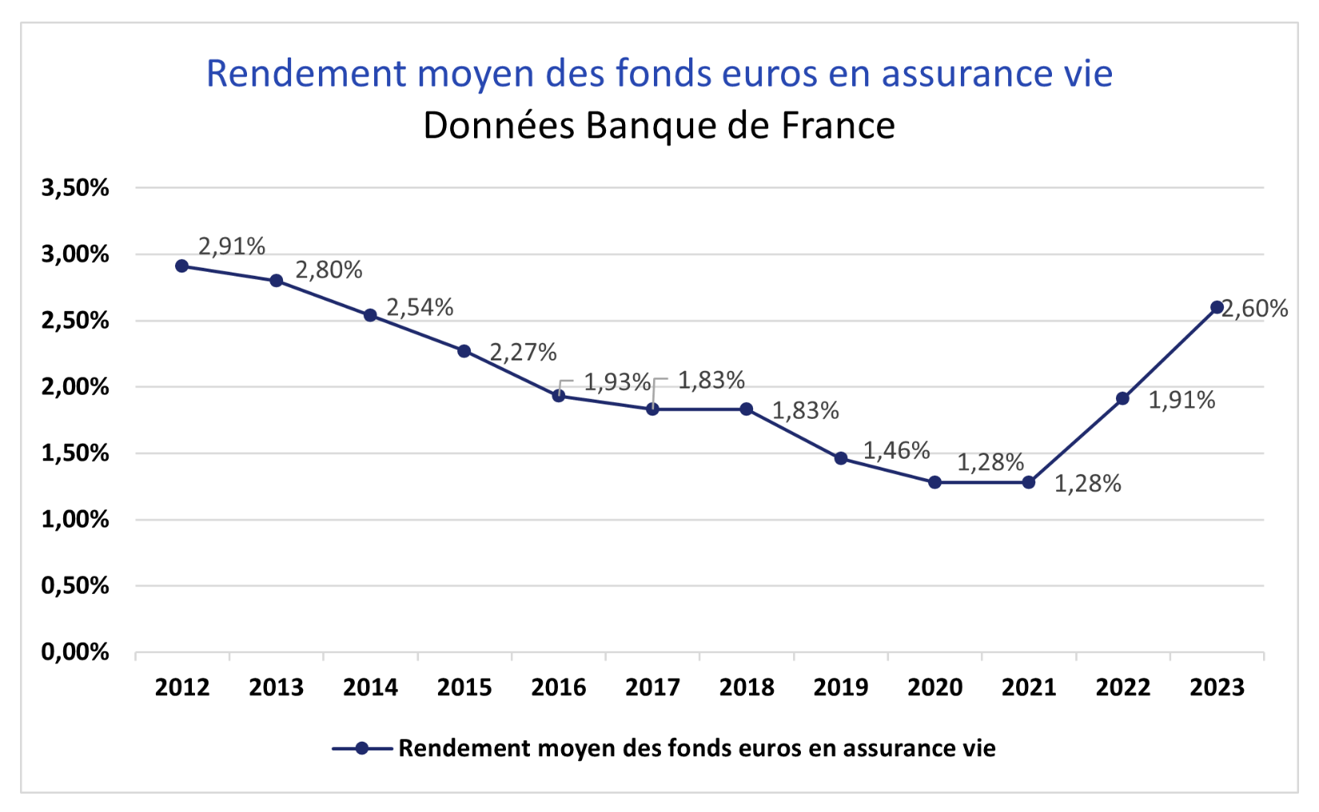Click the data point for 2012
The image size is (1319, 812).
tap(182, 266)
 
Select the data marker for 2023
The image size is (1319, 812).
tap(1217, 307)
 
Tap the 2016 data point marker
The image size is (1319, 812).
tap(559, 396)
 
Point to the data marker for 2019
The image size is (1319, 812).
tap(841, 458)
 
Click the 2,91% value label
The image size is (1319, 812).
tap(232, 246)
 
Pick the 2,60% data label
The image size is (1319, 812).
tap(1255, 308)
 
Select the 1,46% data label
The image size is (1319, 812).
tap(896, 451)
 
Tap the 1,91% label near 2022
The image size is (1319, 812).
tap(1182, 400)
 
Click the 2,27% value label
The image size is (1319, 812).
tap(523, 352)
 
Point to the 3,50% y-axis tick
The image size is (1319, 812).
tap(75, 188)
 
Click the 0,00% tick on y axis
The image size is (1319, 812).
tap(75, 652)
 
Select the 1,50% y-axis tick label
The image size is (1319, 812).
tap(75, 453)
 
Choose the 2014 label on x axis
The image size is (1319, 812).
tap(370, 687)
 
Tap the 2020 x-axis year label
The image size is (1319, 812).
tap(934, 687)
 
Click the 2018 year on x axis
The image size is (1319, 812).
tap(747, 687)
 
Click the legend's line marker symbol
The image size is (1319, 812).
tap(362, 748)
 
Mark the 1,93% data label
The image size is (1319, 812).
tap(617, 382)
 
